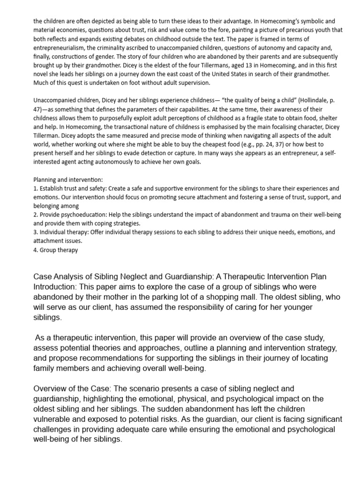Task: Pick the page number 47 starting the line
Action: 37,109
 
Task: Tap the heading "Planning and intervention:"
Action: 68,180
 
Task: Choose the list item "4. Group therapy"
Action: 55,250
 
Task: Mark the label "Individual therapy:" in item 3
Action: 63,232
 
